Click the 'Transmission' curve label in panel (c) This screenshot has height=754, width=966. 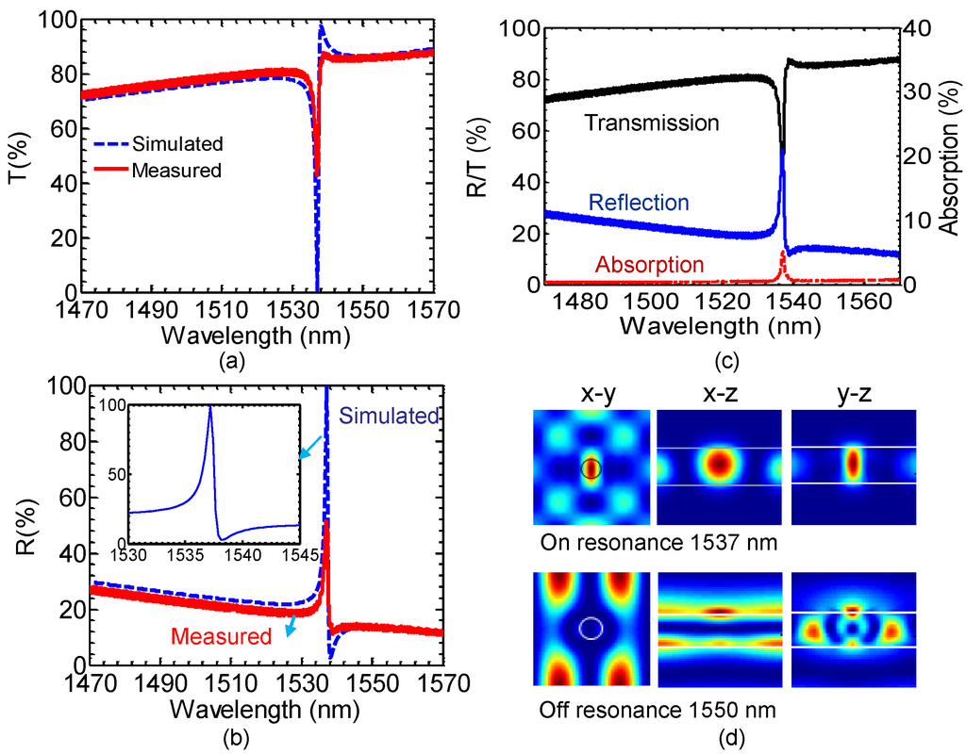652,123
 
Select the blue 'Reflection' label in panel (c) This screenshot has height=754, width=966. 638,202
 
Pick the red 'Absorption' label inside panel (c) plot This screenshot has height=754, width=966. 649,265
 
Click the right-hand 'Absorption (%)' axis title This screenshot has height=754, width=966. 950,156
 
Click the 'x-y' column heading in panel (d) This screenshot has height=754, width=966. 591,395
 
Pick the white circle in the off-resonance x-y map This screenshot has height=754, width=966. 591,627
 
